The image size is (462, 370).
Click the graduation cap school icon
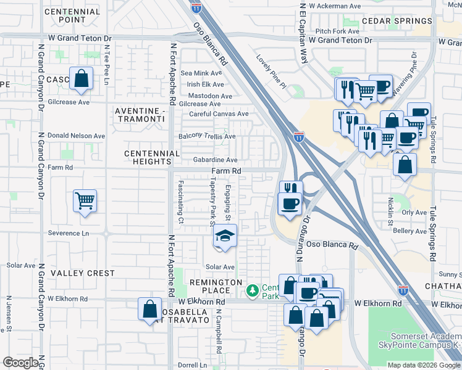pyautogui.click(x=225, y=237)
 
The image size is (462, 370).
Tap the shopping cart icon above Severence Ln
pyautogui.click(x=85, y=200)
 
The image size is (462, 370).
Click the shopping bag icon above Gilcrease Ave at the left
pyautogui.click(x=81, y=78)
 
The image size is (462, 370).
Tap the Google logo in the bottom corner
pyautogui.click(x=20, y=363)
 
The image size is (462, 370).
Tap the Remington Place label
pyautogui.click(x=216, y=286)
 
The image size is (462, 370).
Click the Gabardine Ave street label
pyautogui.click(x=216, y=160)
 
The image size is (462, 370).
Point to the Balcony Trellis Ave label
pyautogui.click(x=207, y=136)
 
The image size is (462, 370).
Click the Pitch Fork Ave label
pyautogui.click(x=337, y=31)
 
